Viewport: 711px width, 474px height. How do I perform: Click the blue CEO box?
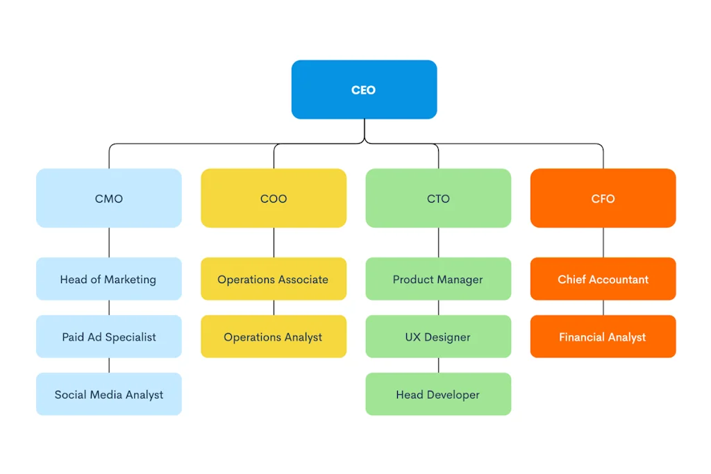pyautogui.click(x=364, y=90)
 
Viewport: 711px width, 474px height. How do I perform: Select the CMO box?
pyautogui.click(x=109, y=198)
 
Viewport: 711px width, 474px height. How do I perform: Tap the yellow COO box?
pyautogui.click(x=274, y=198)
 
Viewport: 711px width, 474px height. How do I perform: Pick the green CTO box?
pyautogui.click(x=438, y=198)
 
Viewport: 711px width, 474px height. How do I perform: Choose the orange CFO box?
pyautogui.click(x=603, y=198)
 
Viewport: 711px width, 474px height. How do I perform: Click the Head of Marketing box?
pyautogui.click(x=109, y=279)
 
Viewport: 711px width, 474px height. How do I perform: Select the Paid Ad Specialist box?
pyautogui.click(x=109, y=337)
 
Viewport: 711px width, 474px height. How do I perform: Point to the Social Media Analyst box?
pyautogui.click(x=109, y=394)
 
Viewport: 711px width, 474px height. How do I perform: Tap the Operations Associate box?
pyautogui.click(x=274, y=279)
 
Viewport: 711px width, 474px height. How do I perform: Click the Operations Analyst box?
pyautogui.click(x=274, y=337)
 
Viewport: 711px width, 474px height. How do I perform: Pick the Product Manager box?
pyautogui.click(x=438, y=279)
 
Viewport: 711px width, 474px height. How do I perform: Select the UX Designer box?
pyautogui.click(x=438, y=337)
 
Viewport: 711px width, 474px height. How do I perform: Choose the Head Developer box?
pyautogui.click(x=438, y=394)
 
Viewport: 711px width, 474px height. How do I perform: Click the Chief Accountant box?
pyautogui.click(x=603, y=279)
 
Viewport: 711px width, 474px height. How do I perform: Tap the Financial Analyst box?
pyautogui.click(x=603, y=337)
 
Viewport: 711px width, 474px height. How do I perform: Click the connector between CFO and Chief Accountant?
pyautogui.click(x=603, y=242)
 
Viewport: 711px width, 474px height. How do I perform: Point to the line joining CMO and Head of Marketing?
pyautogui.click(x=109, y=242)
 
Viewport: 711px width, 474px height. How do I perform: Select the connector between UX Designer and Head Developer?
pyautogui.click(x=438, y=365)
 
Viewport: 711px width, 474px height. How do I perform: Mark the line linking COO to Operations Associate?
pyautogui.click(x=274, y=242)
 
